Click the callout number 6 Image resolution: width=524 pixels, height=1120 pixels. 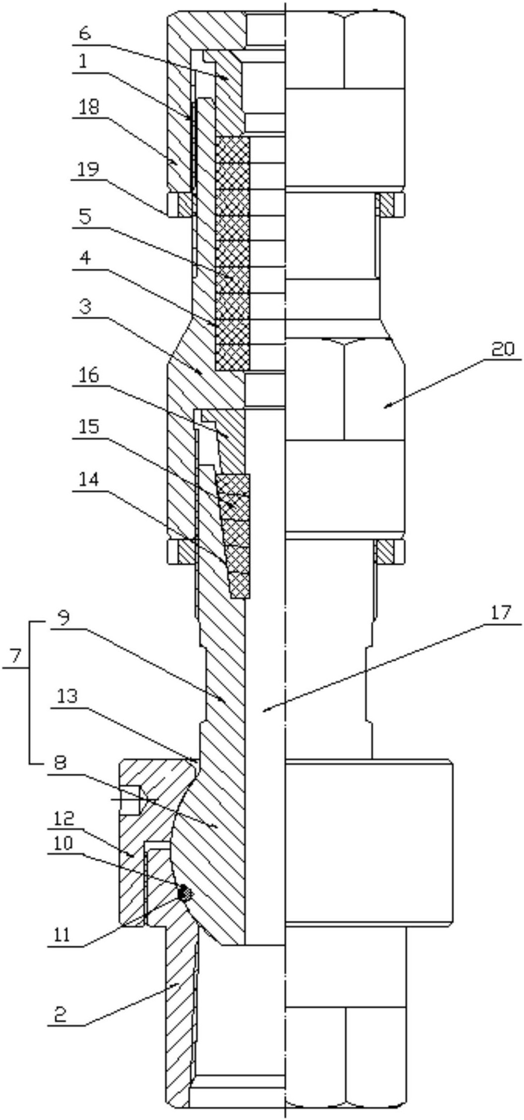85,34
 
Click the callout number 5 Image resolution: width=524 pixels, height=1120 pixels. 85,217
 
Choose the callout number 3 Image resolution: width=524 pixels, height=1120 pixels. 85,307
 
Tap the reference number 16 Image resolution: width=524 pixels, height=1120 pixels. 87,375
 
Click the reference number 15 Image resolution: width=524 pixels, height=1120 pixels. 87,426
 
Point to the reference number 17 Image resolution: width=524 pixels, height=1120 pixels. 502,613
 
